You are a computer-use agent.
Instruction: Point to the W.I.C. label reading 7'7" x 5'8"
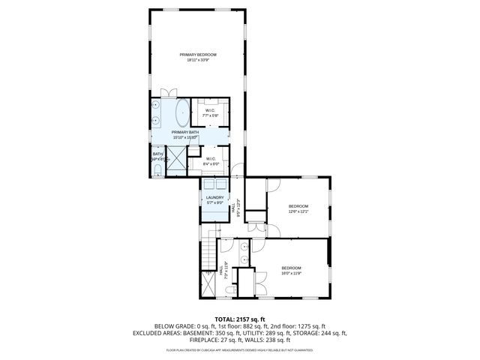pyautogui.click(x=210, y=113)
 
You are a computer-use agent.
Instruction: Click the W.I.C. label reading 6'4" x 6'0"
pyautogui.click(x=211, y=161)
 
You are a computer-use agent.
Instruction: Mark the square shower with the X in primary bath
pyautogui.click(x=176, y=158)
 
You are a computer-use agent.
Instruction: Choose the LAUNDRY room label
pyautogui.click(x=214, y=200)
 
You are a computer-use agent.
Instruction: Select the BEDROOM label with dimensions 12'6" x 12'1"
pyautogui.click(x=298, y=208)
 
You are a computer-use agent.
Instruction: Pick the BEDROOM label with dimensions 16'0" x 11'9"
pyautogui.click(x=291, y=271)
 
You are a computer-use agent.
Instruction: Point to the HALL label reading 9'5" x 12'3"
pyautogui.click(x=238, y=207)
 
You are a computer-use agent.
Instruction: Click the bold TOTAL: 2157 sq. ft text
pyautogui.click(x=240, y=319)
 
